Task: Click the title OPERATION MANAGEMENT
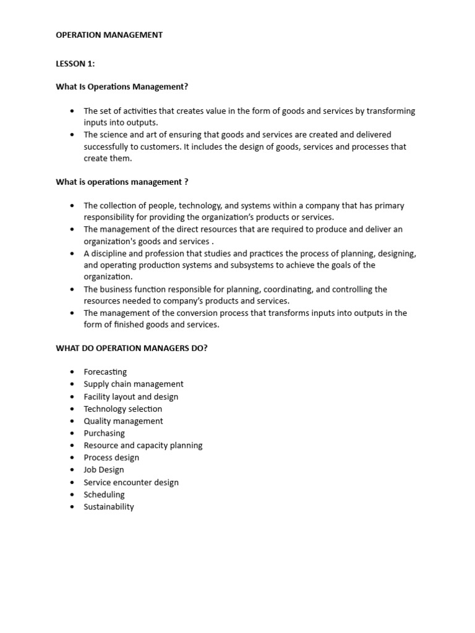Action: (x=109, y=35)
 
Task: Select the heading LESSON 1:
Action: (x=75, y=64)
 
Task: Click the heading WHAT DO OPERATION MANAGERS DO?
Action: (x=132, y=348)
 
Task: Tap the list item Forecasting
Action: (x=105, y=372)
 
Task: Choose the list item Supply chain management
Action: (x=134, y=384)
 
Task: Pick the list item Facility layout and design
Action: (x=131, y=396)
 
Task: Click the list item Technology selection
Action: (x=123, y=409)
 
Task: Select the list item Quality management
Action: (x=123, y=421)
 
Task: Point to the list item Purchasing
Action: (x=104, y=433)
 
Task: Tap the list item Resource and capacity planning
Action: (x=143, y=445)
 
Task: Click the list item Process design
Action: (x=111, y=457)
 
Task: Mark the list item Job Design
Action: (x=104, y=470)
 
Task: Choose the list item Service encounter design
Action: (x=131, y=482)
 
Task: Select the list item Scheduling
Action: (x=104, y=495)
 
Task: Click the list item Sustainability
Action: (x=109, y=507)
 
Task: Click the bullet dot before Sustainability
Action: (x=72, y=507)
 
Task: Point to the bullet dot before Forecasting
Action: (x=72, y=372)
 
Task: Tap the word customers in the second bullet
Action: (x=152, y=147)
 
